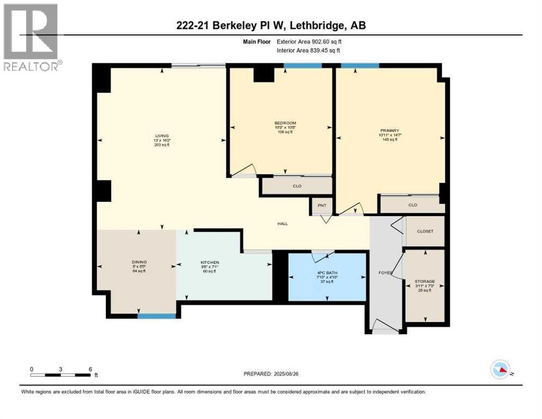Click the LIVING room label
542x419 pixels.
pos(161,136)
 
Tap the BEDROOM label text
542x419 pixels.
pos(285,123)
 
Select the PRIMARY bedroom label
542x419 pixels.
pos(390,130)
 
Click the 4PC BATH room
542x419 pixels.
pos(327,277)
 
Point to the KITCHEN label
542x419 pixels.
pos(209,262)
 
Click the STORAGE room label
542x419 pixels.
pos(425,282)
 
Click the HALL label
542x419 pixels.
pos(282,223)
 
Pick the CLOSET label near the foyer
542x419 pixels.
pos(425,231)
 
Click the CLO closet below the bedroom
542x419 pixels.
pos(297,186)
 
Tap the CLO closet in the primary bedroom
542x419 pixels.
pos(412,205)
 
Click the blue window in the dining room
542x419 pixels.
pos(156,315)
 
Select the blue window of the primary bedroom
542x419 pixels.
pos(360,65)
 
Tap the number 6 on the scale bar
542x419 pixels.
pos(90,369)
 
